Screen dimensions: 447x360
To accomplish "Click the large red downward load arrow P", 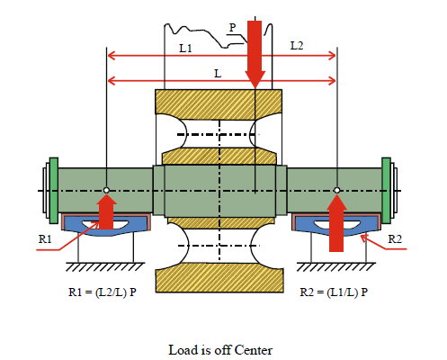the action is pyautogui.click(x=255, y=55).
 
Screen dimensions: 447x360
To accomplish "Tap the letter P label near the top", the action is pyautogui.click(x=232, y=28).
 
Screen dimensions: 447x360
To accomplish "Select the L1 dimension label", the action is pyautogui.click(x=185, y=49).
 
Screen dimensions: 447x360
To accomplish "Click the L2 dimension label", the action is pyautogui.click(x=297, y=46).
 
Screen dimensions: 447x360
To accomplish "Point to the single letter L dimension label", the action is pyautogui.click(x=218, y=74).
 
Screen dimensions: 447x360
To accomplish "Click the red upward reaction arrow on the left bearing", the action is pyautogui.click(x=106, y=211).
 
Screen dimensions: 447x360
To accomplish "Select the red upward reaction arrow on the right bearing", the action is pyautogui.click(x=336, y=223).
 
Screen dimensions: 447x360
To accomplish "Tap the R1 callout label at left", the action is pyautogui.click(x=45, y=239).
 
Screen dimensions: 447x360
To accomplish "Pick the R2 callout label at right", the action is pyautogui.click(x=395, y=239).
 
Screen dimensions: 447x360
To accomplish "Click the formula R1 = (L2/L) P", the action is pyautogui.click(x=103, y=292).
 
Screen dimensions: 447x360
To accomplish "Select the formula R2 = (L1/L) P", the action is pyautogui.click(x=334, y=292).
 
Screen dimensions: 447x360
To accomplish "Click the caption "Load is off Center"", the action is pyautogui.click(x=220, y=350).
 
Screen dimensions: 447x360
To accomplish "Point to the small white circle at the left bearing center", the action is pyautogui.click(x=106, y=190).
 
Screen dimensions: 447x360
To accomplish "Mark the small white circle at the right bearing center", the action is pyautogui.click(x=337, y=190).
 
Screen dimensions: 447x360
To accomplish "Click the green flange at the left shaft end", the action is pyautogui.click(x=54, y=191).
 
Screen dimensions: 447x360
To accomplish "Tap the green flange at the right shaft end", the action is pyautogui.click(x=386, y=191).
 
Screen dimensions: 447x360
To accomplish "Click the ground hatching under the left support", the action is pyautogui.click(x=105, y=266).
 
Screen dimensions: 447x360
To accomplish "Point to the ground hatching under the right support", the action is pyautogui.click(x=336, y=266).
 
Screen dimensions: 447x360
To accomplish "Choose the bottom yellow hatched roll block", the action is pyautogui.click(x=219, y=277).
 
